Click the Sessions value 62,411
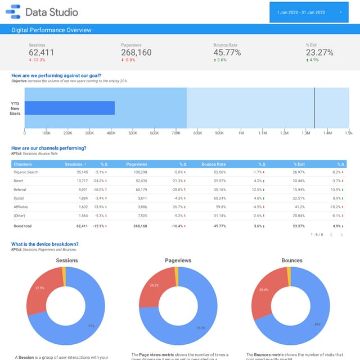pos(41,53)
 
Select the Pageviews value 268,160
pos(136,53)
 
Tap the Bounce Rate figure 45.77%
pos(227,53)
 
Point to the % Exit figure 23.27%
pos(319,53)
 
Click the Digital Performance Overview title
pos(51,30)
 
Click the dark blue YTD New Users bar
pos(70,108)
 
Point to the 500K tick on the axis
pos(133,133)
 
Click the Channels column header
pos(23,164)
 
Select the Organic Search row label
pos(26,172)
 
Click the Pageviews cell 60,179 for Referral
pos(139,190)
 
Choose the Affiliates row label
pos(22,207)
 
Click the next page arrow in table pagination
pos(341,235)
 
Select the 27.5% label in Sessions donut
pos(40,288)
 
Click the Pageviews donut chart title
pos(178,260)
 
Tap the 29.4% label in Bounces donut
pos(263,290)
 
